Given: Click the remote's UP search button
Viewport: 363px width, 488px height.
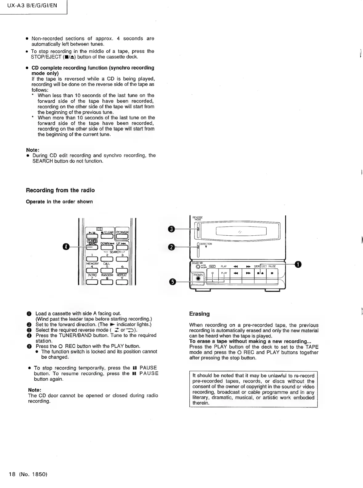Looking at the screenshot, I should click(122, 247).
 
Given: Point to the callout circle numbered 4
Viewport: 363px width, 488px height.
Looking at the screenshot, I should click(66, 246).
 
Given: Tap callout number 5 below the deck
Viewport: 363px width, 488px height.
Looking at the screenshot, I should click(172, 282).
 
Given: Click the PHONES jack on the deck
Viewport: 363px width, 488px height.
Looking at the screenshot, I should click(198, 278).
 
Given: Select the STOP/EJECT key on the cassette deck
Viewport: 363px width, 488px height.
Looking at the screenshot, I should click(260, 273).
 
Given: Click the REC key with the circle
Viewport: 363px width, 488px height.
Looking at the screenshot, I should click(213, 273).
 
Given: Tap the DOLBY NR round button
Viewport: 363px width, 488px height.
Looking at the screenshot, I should click(197, 267).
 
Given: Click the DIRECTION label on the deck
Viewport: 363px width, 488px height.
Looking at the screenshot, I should click(206, 244).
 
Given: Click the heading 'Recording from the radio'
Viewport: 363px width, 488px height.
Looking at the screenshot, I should click(60, 190).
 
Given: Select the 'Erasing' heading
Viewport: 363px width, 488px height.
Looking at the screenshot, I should click(199, 314).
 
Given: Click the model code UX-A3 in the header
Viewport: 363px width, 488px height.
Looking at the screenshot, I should click(17, 5).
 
